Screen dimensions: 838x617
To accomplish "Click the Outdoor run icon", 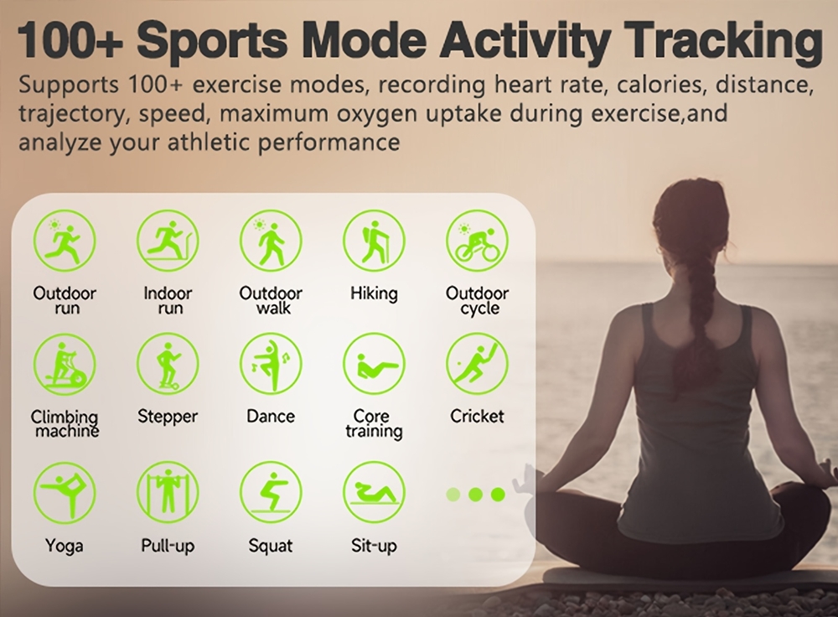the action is pos(65,241).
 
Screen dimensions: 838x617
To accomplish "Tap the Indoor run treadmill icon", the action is pos(168,241).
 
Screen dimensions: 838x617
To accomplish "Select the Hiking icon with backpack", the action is pos(374,241).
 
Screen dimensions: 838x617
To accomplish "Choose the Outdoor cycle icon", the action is pos(478,241).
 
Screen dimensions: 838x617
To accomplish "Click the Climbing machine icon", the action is pos(65,364).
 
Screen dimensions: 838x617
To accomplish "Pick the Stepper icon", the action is pos(168,364).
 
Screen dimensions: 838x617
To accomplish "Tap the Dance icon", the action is pos(271,364).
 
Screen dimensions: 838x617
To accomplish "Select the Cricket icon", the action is pos(478,364).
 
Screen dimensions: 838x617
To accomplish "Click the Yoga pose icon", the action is pos(65,493).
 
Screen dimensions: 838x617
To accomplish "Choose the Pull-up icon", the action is pos(168,493).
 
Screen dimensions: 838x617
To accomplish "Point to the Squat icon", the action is pos(271,493).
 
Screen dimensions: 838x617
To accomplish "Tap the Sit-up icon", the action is pos(374,493).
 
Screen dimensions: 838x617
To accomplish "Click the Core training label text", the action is pos(374,424).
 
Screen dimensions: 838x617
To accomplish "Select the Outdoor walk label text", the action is pos(271,300).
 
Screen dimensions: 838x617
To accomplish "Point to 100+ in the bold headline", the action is pos(70,40).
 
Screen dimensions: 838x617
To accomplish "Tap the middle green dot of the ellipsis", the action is pos(475,495).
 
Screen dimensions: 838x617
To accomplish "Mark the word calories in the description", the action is pos(660,85).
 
